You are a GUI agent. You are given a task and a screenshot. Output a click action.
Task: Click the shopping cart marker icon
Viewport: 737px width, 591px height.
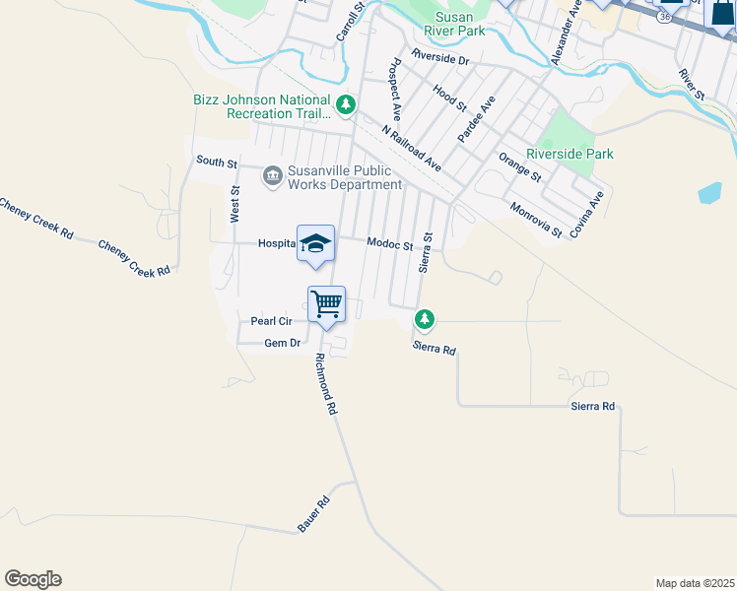point(326,304)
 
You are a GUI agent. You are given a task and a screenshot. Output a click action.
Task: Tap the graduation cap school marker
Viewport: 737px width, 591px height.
point(315,243)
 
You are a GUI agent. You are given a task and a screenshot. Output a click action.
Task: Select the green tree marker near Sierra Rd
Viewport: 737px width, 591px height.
point(425,319)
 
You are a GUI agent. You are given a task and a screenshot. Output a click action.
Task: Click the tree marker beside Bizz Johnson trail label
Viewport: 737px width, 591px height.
point(345,103)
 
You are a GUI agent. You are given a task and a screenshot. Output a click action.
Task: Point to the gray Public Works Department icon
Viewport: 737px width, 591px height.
point(272,176)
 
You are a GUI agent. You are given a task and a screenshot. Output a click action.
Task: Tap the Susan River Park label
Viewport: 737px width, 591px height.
point(459,25)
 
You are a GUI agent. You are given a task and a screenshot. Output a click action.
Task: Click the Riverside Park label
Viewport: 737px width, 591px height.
point(569,154)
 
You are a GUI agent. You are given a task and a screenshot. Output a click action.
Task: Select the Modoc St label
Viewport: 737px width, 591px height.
point(389,243)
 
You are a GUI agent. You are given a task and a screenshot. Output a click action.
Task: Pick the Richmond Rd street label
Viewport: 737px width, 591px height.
point(327,383)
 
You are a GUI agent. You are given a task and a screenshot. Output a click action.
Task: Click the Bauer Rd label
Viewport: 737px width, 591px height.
point(313,514)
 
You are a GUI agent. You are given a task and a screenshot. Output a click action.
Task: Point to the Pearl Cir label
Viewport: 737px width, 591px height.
point(271,321)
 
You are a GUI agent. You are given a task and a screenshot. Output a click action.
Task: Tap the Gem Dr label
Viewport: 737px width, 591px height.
point(282,343)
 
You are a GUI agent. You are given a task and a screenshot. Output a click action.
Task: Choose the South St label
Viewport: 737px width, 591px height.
point(217,161)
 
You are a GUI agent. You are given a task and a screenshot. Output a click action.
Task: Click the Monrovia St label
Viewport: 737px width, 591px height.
point(536,220)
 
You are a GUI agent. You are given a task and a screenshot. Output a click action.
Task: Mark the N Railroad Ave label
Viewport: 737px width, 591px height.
point(412,148)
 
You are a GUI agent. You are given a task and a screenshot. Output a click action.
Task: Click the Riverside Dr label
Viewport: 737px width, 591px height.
point(441,58)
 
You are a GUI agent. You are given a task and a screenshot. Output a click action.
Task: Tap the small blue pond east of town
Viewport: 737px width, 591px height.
point(709,192)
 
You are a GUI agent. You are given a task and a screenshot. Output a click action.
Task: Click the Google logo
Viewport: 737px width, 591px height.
point(33,579)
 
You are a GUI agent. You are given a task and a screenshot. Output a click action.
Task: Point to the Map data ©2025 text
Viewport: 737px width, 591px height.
point(694,583)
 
